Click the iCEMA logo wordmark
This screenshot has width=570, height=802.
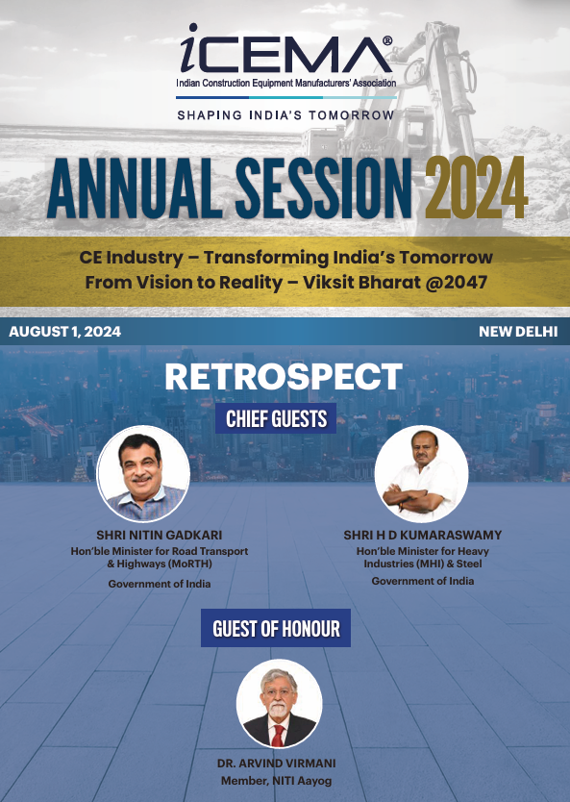[285, 49]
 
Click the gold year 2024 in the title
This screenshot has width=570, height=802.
[476, 188]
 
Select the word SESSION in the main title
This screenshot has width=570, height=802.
[324, 188]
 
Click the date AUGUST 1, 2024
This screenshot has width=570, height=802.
[65, 332]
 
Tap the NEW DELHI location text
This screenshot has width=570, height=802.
[518, 332]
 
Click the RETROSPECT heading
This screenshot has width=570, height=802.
[284, 377]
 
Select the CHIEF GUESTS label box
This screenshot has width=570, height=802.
[276, 418]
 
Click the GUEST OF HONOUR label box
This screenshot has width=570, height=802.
[276, 628]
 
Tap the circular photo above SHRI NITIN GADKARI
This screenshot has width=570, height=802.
[143, 474]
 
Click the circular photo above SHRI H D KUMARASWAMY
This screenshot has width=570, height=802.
[421, 474]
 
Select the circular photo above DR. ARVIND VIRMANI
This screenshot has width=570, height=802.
[279, 704]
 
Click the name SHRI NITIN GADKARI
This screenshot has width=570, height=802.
[160, 536]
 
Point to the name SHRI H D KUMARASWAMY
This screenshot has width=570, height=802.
[423, 536]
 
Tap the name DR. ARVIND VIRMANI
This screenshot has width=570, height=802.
[277, 764]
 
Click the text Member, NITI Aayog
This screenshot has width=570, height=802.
[277, 782]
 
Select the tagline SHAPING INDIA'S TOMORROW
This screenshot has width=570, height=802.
[285, 115]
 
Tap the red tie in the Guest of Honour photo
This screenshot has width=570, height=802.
[278, 736]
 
